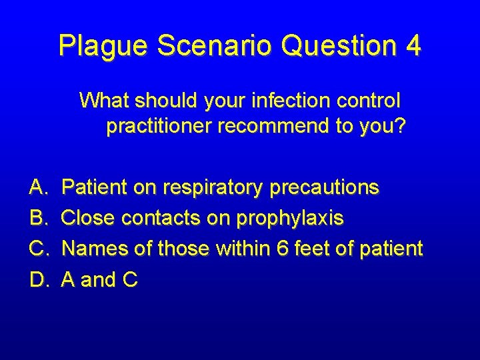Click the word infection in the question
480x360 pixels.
[283, 101]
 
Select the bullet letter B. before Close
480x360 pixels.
[38, 218]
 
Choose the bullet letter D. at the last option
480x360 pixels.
[39, 279]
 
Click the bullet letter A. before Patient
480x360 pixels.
[38, 188]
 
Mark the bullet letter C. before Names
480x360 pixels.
[39, 249]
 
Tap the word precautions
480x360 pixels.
[324, 188]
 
